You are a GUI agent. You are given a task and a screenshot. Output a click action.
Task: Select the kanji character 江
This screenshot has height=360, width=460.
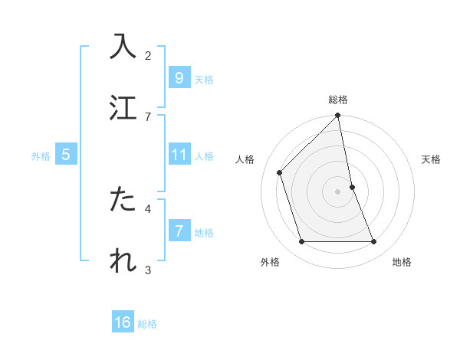[123, 107]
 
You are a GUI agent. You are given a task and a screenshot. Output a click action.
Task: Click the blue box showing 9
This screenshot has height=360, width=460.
[179, 77]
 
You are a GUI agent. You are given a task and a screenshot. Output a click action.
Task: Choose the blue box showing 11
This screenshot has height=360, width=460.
[179, 155]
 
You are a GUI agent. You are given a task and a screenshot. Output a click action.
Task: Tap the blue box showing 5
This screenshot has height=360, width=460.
[66, 155]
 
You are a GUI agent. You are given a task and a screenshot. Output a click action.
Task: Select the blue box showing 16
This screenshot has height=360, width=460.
[123, 322]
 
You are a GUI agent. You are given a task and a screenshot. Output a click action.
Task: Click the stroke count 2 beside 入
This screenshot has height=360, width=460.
[148, 55]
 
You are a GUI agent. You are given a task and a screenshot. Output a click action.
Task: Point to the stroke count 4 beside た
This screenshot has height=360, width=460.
[148, 208]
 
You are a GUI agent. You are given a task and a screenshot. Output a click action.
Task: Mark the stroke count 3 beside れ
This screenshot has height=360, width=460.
[148, 270]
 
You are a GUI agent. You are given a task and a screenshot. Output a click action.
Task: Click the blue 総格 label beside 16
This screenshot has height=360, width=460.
[147, 324]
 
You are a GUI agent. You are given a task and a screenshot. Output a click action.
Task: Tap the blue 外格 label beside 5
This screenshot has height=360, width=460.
[41, 156]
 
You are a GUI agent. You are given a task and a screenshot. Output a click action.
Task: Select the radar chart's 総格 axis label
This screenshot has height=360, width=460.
[338, 100]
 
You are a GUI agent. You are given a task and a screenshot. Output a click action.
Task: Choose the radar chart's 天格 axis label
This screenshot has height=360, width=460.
[432, 159]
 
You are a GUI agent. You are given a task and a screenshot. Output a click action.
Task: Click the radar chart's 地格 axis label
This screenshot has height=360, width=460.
[402, 263]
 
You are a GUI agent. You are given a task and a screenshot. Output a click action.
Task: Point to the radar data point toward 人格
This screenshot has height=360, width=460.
[280, 172]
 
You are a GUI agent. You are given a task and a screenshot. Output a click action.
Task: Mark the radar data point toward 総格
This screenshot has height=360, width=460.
[338, 116]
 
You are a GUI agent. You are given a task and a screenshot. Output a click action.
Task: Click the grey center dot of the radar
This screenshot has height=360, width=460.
[338, 191]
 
